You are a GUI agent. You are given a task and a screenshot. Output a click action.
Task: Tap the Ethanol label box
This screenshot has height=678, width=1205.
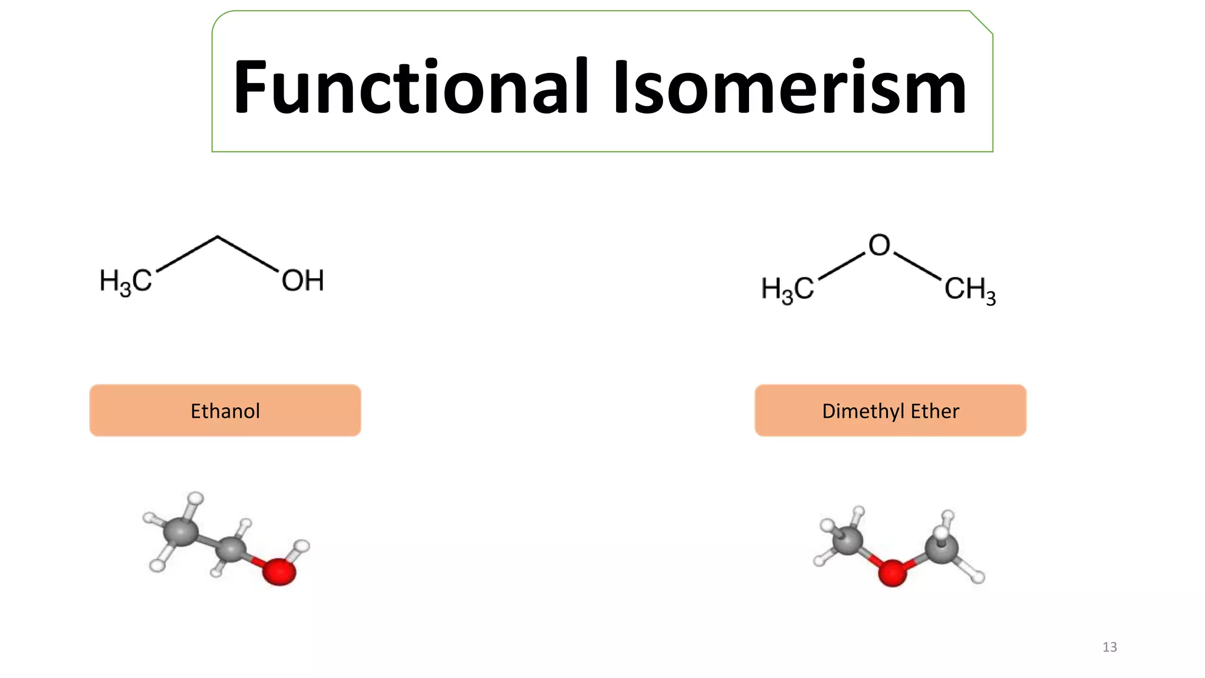click(225, 410)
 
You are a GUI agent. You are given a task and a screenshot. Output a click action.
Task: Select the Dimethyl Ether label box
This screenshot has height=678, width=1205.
click(891, 410)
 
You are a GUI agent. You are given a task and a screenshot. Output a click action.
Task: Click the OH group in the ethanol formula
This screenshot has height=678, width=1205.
click(303, 281)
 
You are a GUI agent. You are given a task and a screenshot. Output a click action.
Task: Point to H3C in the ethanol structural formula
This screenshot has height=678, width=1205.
click(126, 282)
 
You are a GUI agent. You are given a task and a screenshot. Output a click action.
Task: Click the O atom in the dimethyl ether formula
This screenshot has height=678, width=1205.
click(880, 245)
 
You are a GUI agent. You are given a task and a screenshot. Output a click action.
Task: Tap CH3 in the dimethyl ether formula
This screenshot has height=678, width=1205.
click(970, 290)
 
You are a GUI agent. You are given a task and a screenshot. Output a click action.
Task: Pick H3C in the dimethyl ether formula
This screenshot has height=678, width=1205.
click(788, 290)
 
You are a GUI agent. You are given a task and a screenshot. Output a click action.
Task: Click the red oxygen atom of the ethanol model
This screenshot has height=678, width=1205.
click(279, 571)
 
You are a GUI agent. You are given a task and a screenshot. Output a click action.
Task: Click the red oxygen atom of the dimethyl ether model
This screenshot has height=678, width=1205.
click(892, 573)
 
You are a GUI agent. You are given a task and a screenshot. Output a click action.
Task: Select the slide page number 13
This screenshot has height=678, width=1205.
click(1110, 647)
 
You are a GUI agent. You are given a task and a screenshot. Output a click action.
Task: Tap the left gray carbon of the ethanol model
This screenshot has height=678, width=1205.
click(181, 531)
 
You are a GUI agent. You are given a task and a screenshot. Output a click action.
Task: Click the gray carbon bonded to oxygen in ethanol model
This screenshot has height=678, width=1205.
click(230, 549)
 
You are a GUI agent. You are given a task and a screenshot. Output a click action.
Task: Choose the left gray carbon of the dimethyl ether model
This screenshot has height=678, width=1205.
click(847, 540)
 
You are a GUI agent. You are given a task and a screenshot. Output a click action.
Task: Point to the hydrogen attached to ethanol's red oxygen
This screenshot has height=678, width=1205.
click(302, 546)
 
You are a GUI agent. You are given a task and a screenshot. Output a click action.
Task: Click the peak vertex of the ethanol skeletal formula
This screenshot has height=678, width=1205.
click(218, 237)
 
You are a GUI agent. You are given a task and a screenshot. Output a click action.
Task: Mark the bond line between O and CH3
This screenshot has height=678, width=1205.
click(917, 265)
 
